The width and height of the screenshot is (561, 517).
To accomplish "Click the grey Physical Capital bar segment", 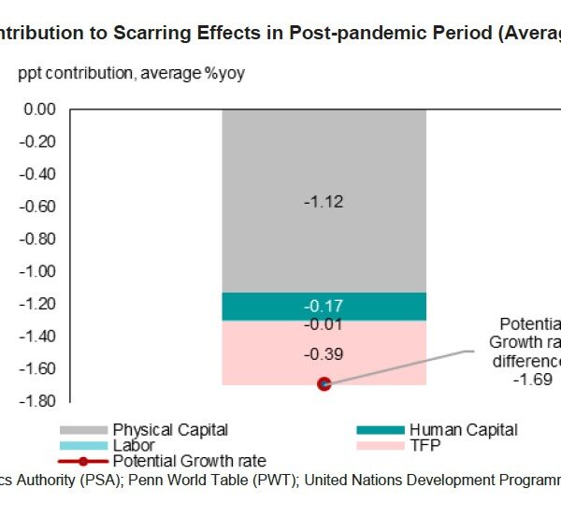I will click(x=324, y=159).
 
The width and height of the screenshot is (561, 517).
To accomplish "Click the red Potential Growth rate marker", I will click(x=324, y=383).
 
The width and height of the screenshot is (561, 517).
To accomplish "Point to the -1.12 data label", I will click(x=324, y=202).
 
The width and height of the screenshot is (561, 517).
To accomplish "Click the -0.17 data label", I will click(x=324, y=307).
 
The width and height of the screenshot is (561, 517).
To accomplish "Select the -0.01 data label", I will click(x=324, y=324).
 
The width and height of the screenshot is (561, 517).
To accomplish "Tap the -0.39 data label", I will click(x=324, y=354).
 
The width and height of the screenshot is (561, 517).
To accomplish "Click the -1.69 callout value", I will click(x=534, y=381).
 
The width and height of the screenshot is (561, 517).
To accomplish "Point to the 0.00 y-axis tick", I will click(x=40, y=109).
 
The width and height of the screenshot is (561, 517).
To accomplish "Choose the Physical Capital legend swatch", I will click(x=83, y=430).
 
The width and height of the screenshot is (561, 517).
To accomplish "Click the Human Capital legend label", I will click(x=463, y=430).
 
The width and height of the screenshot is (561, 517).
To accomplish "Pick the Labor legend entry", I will click(x=133, y=446).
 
